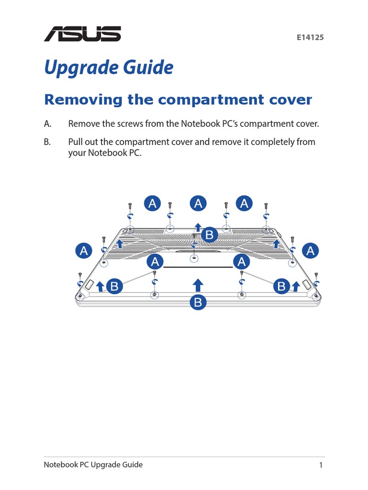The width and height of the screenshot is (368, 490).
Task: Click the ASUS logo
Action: pyautogui.click(x=82, y=34)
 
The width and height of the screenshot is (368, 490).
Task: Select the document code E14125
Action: pyautogui.click(x=310, y=37)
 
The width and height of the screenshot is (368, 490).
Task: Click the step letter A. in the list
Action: pyautogui.click(x=47, y=124)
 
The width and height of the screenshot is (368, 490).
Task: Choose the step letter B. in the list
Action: pyautogui.click(x=47, y=142)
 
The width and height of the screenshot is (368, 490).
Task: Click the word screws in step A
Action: pyautogui.click(x=130, y=124)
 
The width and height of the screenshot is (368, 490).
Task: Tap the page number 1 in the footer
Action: pyautogui.click(x=321, y=465)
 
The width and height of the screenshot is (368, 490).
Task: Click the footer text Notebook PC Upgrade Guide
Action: pyautogui.click(x=93, y=465)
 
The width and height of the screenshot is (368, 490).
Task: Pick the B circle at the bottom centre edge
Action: pyautogui.click(x=198, y=302)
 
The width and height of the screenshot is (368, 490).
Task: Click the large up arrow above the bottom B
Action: pyautogui.click(x=198, y=285)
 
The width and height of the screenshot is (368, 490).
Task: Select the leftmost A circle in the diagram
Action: pyautogui.click(x=84, y=251)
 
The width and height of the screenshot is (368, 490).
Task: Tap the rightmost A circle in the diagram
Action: pyautogui.click(x=310, y=251)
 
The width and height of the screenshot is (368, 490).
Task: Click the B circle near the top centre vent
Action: pyautogui.click(x=209, y=234)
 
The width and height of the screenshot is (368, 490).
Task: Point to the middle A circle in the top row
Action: pyautogui.click(x=198, y=203)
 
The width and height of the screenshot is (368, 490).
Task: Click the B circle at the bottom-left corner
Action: pyautogui.click(x=115, y=286)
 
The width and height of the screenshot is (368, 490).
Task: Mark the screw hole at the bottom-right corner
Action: pyautogui.click(x=316, y=296)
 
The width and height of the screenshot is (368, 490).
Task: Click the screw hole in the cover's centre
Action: pyautogui.click(x=194, y=258)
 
